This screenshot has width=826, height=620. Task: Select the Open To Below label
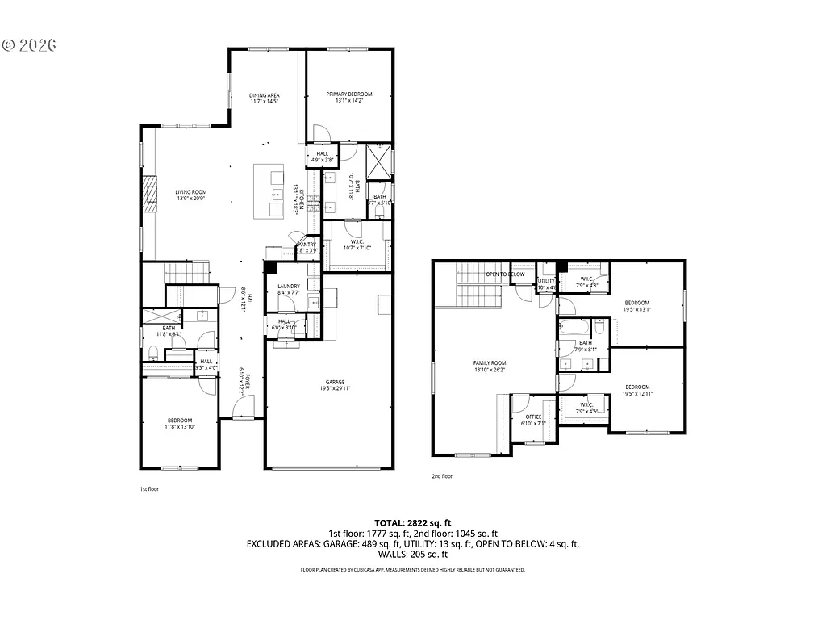coord(505,274)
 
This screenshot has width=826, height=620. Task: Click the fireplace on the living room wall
coord(148,194)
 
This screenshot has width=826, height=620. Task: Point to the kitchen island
coord(270,191)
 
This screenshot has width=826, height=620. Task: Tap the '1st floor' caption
coord(149,489)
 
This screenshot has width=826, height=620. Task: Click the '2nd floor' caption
coord(442,476)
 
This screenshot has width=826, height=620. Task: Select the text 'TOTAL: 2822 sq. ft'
coord(412,522)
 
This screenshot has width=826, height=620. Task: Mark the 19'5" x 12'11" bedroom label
coord(636,390)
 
